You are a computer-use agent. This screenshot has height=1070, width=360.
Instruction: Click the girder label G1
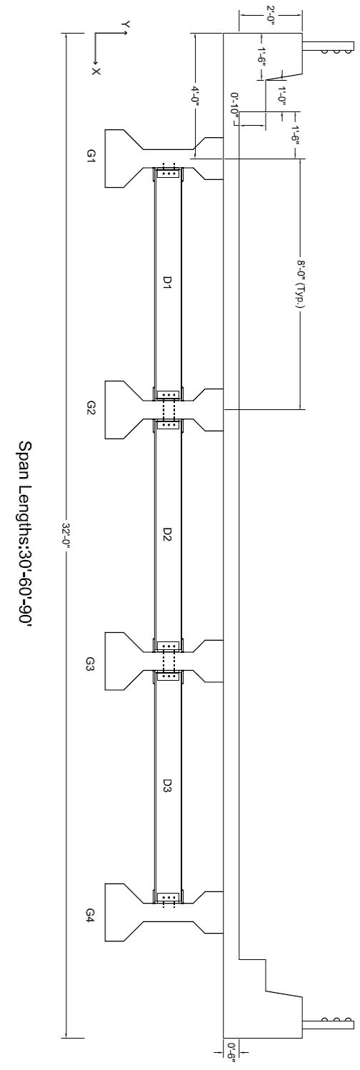point(92,156)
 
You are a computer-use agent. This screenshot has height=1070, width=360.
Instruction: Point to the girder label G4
point(91,914)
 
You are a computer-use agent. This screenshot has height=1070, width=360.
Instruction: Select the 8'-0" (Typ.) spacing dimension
point(300,285)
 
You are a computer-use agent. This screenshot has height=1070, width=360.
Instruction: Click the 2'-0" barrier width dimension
point(271,17)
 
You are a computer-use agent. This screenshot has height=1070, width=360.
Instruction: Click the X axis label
point(96,71)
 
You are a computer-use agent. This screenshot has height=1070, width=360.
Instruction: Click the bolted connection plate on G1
point(168,175)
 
